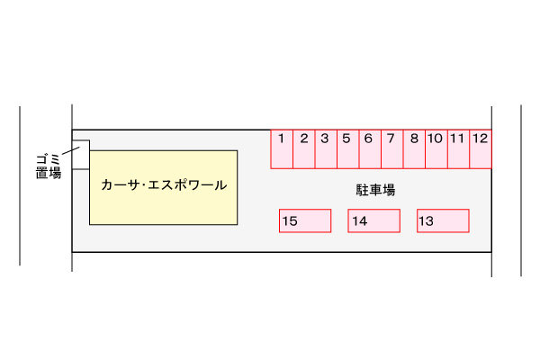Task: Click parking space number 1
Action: click(282, 149)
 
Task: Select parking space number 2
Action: click(304, 149)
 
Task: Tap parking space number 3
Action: click(326, 149)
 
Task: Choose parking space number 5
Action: click(347, 149)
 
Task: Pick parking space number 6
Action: click(370, 149)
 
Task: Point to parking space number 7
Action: click(391, 149)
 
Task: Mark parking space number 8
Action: click(414, 149)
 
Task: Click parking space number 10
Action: click(436, 149)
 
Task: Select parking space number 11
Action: click(458, 149)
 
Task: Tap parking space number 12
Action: click(481, 149)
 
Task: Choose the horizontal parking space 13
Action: click(443, 220)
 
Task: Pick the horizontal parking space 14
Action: click(374, 220)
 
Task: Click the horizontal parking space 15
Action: click(305, 220)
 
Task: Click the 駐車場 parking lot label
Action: click(375, 190)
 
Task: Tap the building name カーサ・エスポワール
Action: click(164, 185)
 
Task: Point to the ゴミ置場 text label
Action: click(49, 166)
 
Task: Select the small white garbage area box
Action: click(81, 155)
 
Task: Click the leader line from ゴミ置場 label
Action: click(71, 150)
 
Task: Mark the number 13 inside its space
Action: click(426, 221)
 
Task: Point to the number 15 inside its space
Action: click(290, 221)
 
